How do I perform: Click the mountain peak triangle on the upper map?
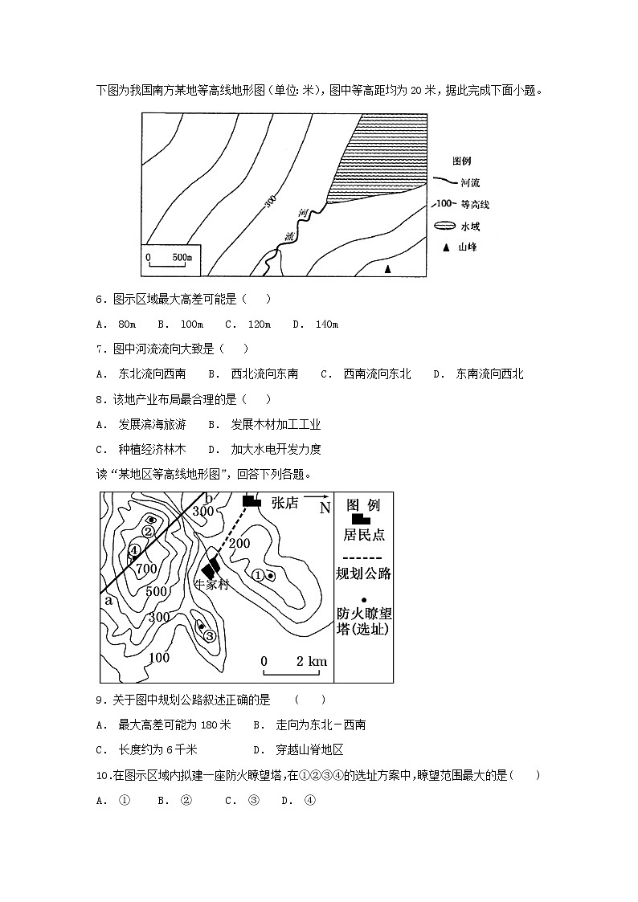[387, 270]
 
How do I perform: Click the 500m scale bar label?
[182, 258]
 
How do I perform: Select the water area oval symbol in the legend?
[444, 227]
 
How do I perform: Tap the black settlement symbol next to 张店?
[252, 501]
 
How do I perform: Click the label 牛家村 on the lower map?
[212, 584]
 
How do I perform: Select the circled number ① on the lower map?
[258, 575]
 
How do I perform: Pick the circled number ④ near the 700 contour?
[135, 550]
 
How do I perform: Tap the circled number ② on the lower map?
[149, 531]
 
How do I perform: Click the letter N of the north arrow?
[325, 508]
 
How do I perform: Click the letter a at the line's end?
[108, 600]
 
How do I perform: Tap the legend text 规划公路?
[363, 573]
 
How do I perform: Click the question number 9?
[100, 700]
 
